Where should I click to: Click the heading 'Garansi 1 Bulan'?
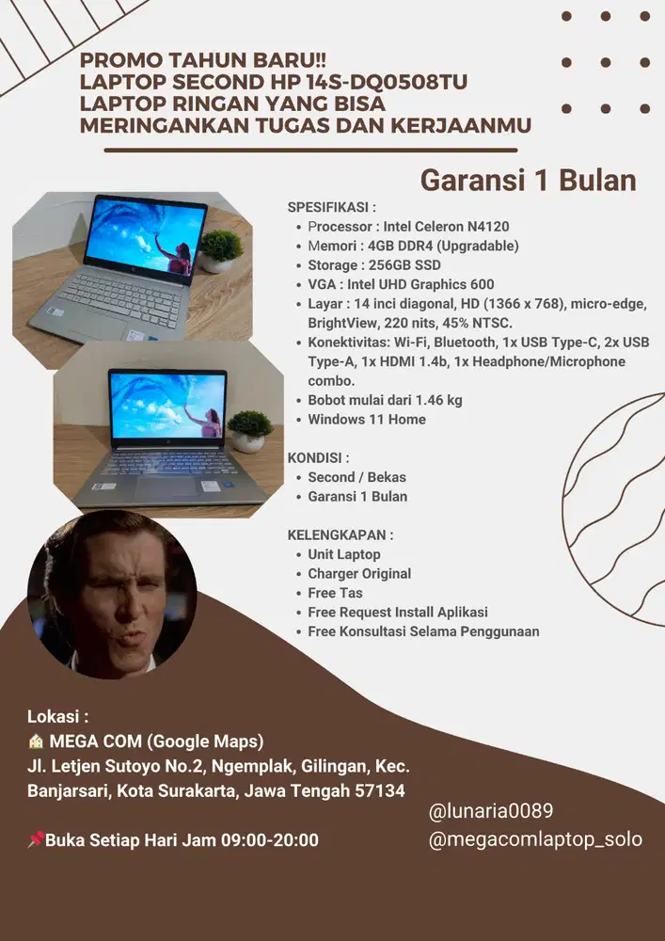528,179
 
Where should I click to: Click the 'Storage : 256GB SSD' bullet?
373,265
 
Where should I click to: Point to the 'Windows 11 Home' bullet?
366,420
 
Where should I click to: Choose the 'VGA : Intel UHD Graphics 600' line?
401,284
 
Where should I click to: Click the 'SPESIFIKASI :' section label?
331,207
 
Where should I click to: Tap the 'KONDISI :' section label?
318,458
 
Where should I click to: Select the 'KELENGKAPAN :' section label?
340,534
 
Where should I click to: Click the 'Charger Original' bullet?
358,573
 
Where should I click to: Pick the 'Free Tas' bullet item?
335,593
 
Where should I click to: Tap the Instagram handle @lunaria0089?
490,810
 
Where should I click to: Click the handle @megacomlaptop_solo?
534,839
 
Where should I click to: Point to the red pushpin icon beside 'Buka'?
35,840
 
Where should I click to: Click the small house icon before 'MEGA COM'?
36,741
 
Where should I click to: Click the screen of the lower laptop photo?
167,405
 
